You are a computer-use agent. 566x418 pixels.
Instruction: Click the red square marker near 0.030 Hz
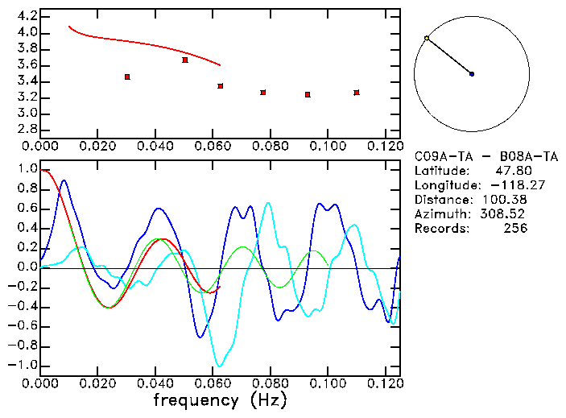tap(127, 77)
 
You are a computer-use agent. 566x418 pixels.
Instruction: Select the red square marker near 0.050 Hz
tap(185, 60)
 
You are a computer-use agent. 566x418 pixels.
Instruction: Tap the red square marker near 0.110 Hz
tap(357, 93)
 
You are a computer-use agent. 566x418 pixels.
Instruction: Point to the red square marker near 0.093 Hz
tap(308, 94)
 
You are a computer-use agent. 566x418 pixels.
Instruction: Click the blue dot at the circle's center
tap(472, 74)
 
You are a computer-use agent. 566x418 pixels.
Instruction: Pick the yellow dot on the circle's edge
tap(427, 38)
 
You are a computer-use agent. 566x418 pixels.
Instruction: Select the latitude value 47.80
tap(510, 171)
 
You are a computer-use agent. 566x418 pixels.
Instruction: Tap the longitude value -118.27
tap(502, 185)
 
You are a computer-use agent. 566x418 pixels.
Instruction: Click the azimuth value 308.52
tap(505, 214)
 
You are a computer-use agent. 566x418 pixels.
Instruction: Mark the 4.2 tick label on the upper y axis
tap(27, 16)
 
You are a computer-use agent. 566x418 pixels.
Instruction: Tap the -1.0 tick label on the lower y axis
tap(24, 366)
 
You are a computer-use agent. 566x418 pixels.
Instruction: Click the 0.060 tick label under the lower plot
tap(213, 383)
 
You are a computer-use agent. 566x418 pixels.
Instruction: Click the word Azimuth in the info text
tap(440, 214)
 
